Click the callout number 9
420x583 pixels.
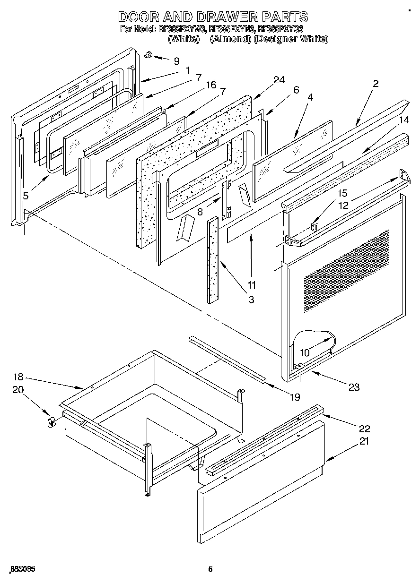coord(176,60)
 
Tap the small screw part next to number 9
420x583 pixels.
coord(149,56)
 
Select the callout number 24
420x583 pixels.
coord(279,80)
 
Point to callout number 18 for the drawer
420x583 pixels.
coord(18,377)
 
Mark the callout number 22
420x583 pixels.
coord(364,429)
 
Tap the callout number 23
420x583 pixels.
coord(353,387)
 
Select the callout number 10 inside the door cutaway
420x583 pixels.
coord(304,352)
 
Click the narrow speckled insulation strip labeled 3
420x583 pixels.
coord(213,260)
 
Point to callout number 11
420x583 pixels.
coord(251,285)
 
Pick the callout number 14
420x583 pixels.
coord(403,120)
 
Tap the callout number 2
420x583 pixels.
coord(375,84)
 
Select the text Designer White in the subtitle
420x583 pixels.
coord(291,39)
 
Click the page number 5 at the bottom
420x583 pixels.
coord(210,570)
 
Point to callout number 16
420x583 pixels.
coord(210,85)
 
